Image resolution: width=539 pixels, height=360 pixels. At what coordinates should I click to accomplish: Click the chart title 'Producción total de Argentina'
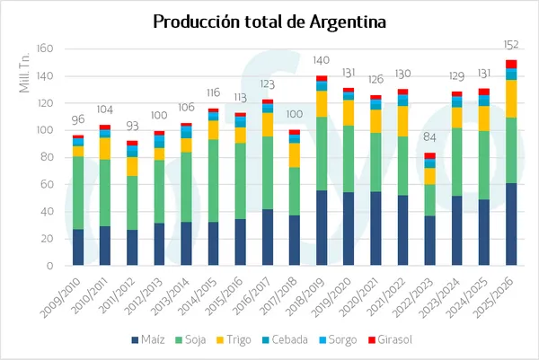[x=269, y=21]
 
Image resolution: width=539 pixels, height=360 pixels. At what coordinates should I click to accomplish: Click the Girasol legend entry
[x=393, y=339]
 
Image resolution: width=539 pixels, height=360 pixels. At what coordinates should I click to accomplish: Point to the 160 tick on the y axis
[x=47, y=48]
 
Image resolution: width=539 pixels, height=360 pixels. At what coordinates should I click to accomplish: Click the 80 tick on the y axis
[x=49, y=157]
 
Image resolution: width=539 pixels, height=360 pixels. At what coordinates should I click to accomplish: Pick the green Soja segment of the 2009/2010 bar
[x=78, y=193]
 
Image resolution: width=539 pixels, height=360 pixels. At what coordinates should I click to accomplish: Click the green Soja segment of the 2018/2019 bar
[x=322, y=154]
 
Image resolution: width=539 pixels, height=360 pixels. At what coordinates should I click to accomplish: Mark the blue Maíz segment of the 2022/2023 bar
[x=429, y=241]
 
